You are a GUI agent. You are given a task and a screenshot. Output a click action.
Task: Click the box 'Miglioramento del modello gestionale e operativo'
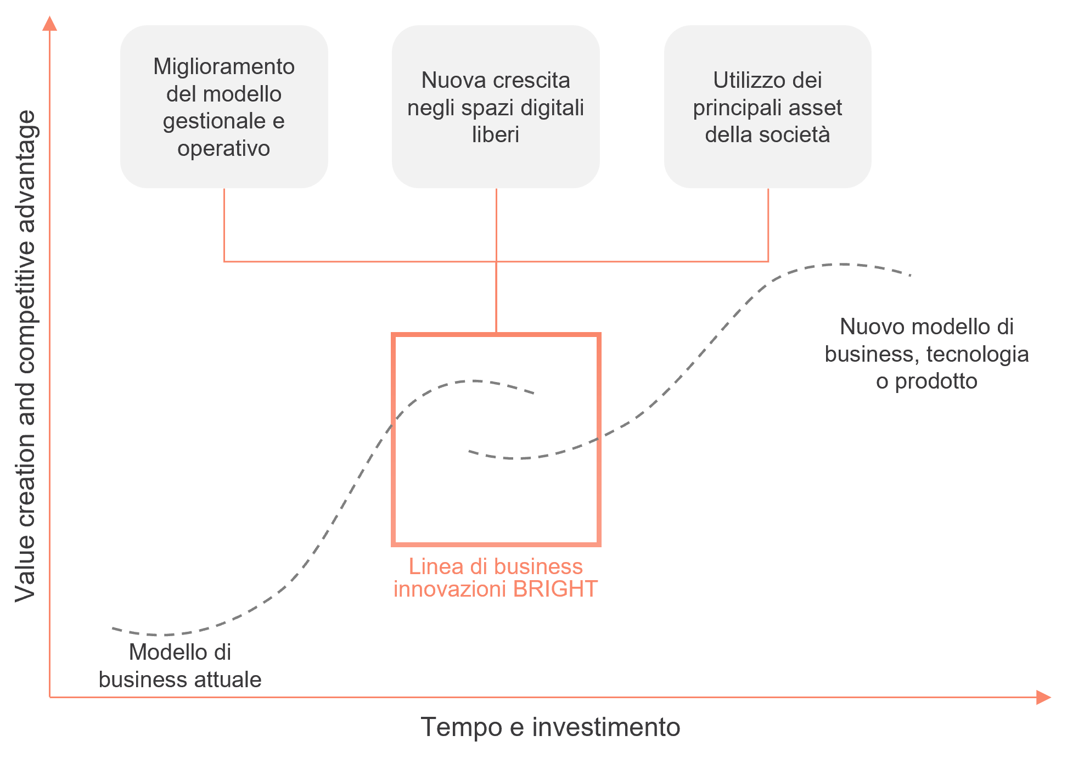click(x=224, y=106)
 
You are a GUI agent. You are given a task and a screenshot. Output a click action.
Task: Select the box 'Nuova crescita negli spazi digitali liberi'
click(x=496, y=106)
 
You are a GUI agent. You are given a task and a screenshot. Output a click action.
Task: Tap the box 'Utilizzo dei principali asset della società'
click(x=767, y=106)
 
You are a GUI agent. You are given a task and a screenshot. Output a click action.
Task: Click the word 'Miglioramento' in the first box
click(x=224, y=67)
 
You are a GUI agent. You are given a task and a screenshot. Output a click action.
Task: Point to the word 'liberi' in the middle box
click(x=496, y=135)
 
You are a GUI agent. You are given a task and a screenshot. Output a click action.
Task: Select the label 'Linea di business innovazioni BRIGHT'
click(x=496, y=577)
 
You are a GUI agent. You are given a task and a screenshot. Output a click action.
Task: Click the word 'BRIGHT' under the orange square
click(x=555, y=589)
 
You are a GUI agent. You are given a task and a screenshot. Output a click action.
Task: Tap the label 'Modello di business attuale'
click(x=180, y=666)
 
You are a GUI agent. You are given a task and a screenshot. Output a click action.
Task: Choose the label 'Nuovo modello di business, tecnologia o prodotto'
click(x=926, y=354)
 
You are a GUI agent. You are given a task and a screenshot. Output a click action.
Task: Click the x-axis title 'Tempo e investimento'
click(x=551, y=727)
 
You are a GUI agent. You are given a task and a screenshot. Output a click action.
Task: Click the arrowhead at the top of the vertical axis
click(x=50, y=24)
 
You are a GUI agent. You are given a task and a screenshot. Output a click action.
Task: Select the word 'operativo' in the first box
click(x=224, y=149)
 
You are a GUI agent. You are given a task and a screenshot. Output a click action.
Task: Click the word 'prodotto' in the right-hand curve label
click(x=936, y=381)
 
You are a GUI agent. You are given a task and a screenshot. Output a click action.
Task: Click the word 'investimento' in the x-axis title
click(x=606, y=727)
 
